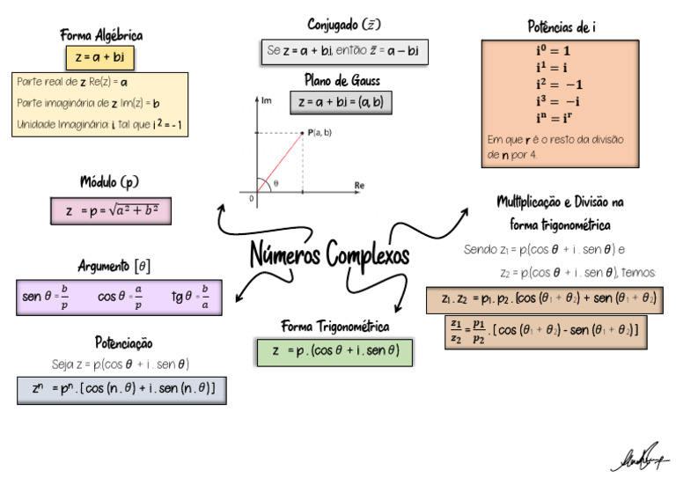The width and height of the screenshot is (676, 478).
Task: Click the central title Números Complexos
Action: point(330,255)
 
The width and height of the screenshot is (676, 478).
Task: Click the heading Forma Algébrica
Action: point(101,35)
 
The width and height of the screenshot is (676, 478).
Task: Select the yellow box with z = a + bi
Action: point(99,58)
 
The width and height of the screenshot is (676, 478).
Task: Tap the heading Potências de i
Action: point(559,26)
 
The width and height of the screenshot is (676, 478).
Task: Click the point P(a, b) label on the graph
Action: point(321,132)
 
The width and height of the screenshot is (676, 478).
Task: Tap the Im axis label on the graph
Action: point(267,101)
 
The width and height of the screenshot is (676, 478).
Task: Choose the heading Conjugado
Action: point(344,25)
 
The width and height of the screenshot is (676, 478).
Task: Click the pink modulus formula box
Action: point(111,211)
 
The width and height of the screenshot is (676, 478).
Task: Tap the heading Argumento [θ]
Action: point(114,266)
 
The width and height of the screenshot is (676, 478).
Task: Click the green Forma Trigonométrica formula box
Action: point(335,351)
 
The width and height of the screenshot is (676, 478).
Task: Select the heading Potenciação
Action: point(124,342)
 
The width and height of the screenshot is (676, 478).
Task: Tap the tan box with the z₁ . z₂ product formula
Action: point(543,299)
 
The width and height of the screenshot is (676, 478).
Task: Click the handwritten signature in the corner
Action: point(640,457)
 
